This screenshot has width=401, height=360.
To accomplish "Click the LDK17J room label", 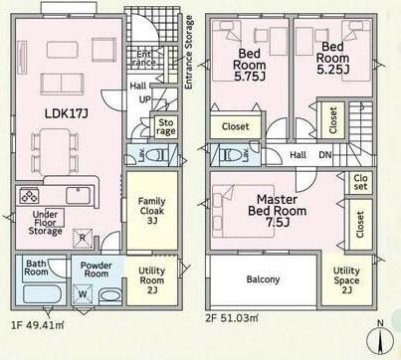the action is (67, 114).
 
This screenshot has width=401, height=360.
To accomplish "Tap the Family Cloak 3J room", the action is (152, 211).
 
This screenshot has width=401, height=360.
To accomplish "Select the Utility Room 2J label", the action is (152, 280).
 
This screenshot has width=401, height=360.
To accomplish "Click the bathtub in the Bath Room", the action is (42, 293).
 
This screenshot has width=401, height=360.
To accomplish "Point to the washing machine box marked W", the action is (83, 294).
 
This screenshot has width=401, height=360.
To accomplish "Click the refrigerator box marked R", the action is (83, 238).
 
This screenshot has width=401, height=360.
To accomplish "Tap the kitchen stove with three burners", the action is (30, 196).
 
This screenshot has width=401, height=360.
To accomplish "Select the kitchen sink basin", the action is (78, 195).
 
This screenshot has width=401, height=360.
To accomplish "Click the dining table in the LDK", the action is (55, 151).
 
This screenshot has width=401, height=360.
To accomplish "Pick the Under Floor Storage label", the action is (46, 223).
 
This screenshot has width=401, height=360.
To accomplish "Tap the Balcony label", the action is (263, 279).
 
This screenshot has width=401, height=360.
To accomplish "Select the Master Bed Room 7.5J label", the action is (277, 211).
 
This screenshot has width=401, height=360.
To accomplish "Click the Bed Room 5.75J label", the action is (250, 65).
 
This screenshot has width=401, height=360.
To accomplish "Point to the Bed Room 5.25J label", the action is (332, 58).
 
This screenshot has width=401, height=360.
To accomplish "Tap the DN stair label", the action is (325, 155).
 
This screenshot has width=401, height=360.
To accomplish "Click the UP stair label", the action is (144, 99).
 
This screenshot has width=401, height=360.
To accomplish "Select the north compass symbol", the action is (380, 339).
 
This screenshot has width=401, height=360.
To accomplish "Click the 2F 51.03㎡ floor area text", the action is (232, 318).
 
